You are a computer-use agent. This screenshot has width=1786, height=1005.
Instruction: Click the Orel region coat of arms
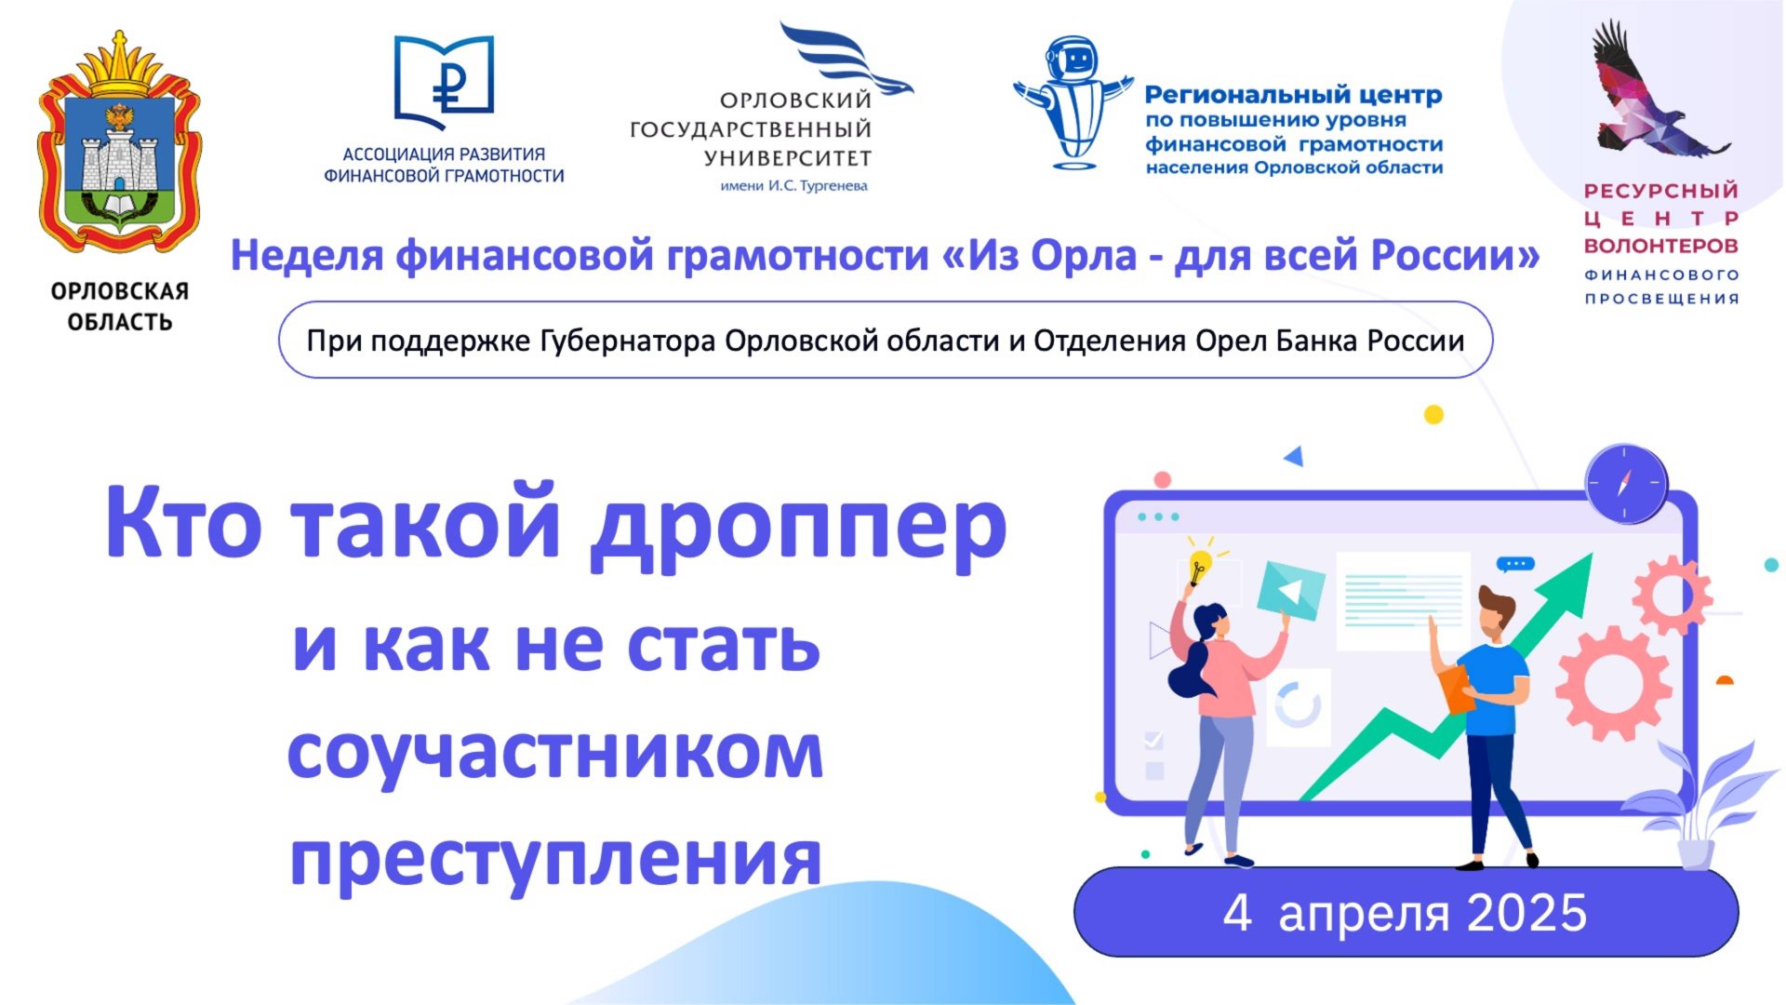[x=119, y=149]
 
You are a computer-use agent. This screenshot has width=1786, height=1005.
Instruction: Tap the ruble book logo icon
[x=444, y=82]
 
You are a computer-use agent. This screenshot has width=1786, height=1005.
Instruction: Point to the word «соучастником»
[x=555, y=754]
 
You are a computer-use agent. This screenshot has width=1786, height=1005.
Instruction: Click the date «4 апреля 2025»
[x=1405, y=913]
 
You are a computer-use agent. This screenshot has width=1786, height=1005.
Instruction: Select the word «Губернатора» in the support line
[x=629, y=342]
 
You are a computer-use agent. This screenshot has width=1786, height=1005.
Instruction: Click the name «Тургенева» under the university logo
[x=833, y=186]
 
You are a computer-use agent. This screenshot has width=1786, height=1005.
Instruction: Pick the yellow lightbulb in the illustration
[x=1200, y=563]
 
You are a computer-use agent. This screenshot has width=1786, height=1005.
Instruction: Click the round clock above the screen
[x=1626, y=484]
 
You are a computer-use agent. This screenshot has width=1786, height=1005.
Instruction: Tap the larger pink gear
[x=1611, y=682]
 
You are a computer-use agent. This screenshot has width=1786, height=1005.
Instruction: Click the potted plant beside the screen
[x=1693, y=810]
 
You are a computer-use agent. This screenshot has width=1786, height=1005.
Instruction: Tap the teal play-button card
[x=1290, y=590]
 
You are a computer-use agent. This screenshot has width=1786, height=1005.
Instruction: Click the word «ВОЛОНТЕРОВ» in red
[x=1660, y=247]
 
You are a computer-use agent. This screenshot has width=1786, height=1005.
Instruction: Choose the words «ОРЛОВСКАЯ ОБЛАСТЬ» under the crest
[x=120, y=307]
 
